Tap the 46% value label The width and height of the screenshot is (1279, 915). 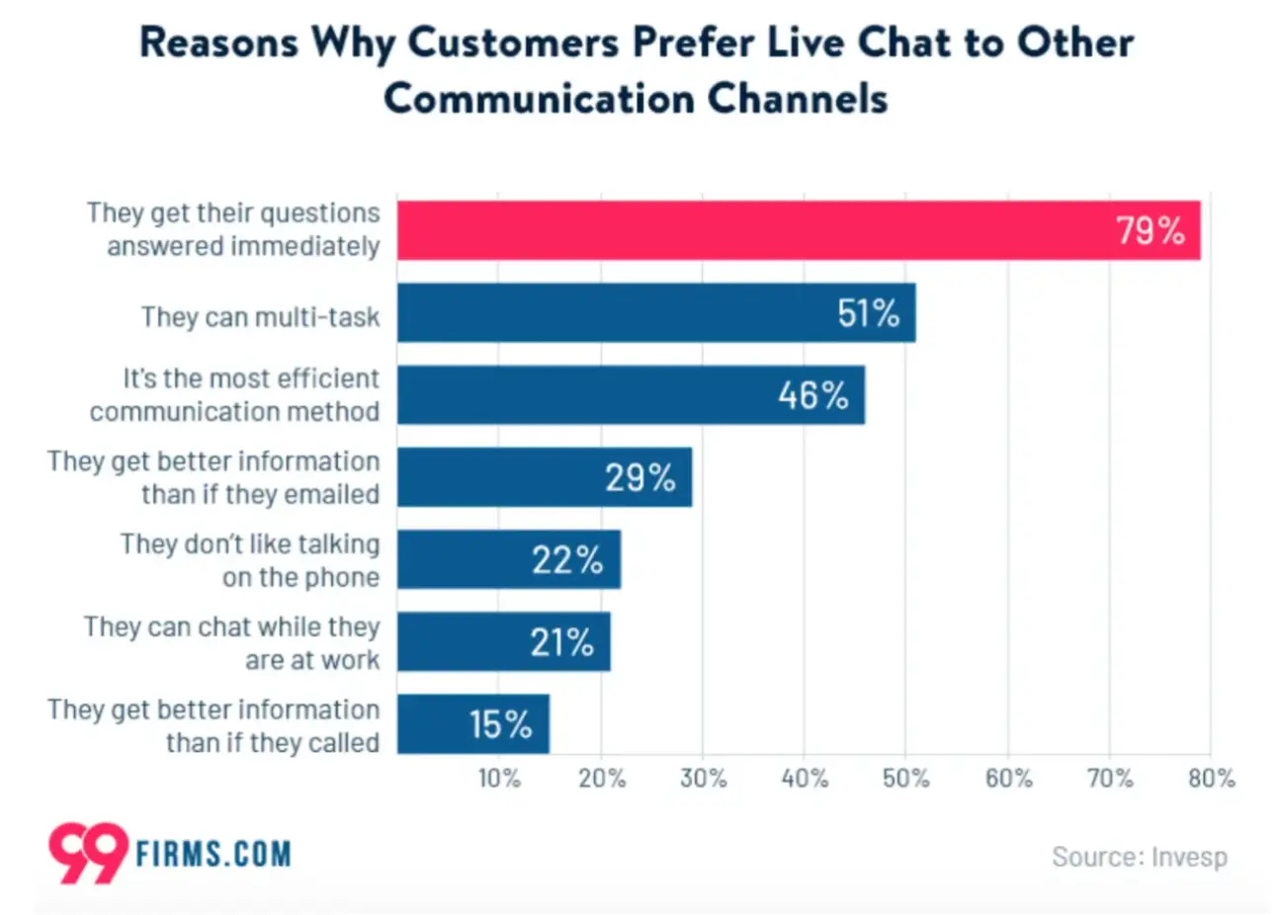click(812, 395)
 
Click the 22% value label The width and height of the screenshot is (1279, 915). click(566, 560)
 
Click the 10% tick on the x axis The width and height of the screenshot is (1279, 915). click(499, 779)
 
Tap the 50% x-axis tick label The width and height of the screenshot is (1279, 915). click(905, 779)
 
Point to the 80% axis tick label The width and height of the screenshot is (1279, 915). click(1211, 779)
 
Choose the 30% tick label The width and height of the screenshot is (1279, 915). click(703, 779)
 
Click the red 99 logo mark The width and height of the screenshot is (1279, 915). click(88, 852)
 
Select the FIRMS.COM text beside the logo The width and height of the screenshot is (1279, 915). click(213, 854)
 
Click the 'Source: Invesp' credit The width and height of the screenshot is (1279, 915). click(1139, 856)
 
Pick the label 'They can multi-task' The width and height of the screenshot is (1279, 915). click(260, 316)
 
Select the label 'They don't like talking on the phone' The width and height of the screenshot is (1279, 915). click(250, 560)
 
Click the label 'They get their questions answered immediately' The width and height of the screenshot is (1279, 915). click(233, 229)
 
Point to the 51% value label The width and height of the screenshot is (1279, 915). click(868, 313)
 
